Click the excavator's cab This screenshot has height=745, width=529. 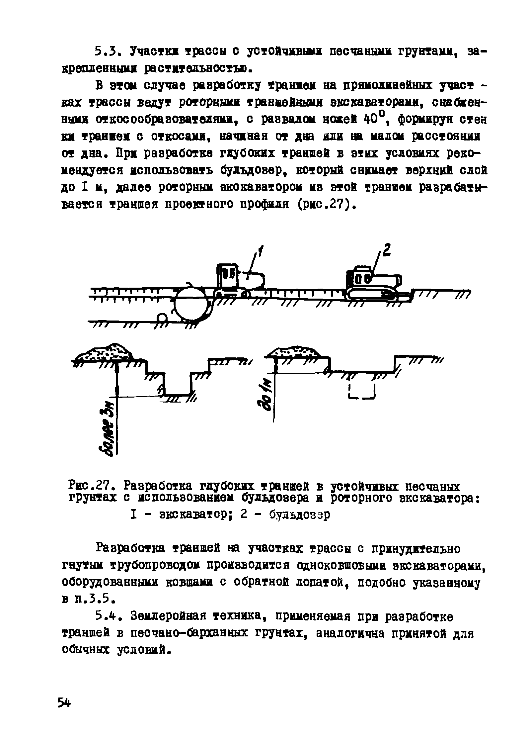[227, 276]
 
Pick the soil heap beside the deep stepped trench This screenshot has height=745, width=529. [105, 353]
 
